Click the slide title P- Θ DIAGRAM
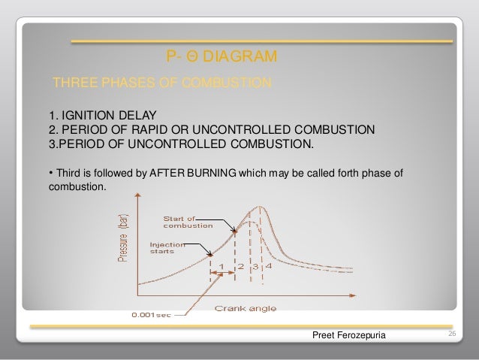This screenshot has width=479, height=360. [221, 57]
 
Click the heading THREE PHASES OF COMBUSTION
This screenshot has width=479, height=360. [161, 82]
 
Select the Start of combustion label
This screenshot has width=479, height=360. [186, 222]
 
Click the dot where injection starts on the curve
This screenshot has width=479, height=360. [209, 253]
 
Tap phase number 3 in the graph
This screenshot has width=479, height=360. [255, 265]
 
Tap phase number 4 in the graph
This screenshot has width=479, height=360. [268, 265]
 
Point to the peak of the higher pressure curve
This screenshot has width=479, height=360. [260, 206]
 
